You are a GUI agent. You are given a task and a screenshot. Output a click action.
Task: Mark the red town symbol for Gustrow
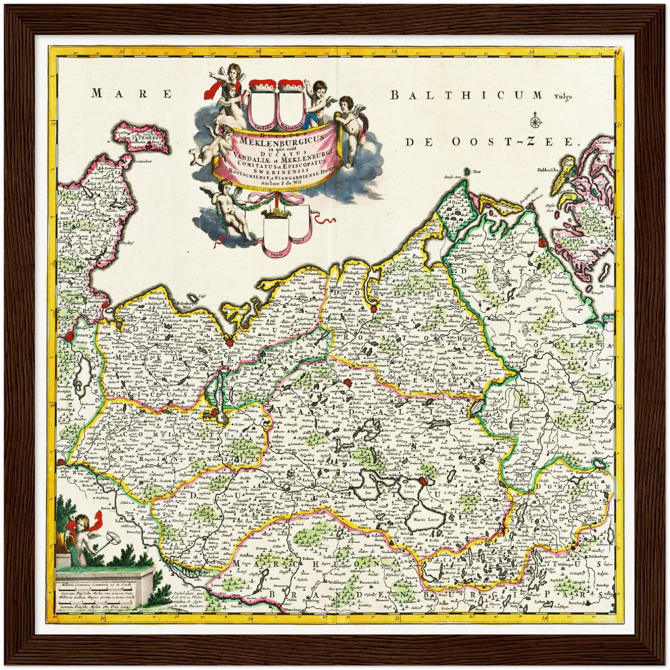coord(348,383)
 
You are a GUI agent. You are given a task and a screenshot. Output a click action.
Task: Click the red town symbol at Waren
coord(422,483)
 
